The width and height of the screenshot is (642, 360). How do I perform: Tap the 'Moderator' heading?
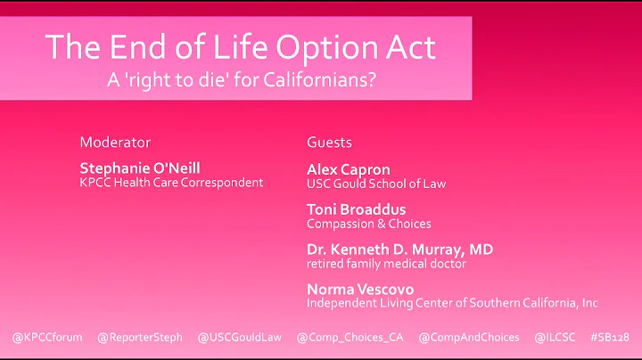[115, 143]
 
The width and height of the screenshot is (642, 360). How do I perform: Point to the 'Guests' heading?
[329, 143]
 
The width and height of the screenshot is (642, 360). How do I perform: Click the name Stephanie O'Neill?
[141, 168]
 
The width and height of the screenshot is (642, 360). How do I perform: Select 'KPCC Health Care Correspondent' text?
[171, 183]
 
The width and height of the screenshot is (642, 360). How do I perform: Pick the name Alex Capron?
[348, 169]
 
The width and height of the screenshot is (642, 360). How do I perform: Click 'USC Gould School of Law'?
[376, 184]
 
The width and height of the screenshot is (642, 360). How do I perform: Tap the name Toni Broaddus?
[356, 209]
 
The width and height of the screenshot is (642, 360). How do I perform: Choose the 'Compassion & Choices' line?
[368, 224]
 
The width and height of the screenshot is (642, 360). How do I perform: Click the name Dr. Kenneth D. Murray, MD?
[399, 250]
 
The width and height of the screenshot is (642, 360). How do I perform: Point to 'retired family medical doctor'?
[386, 264]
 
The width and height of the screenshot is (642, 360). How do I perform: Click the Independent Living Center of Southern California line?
[452, 304]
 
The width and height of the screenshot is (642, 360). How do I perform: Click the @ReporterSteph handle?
[139, 338]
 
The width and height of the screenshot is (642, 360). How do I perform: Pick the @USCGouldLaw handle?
[240, 338]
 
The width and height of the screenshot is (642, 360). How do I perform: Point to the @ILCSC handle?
[554, 338]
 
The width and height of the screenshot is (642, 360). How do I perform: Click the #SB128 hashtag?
[609, 338]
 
